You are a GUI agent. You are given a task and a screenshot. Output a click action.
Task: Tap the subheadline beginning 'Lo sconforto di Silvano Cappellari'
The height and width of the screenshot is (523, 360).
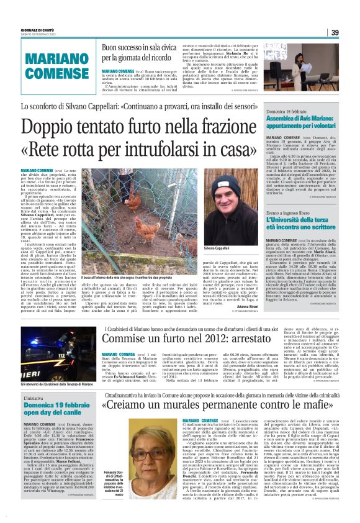[139, 107]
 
